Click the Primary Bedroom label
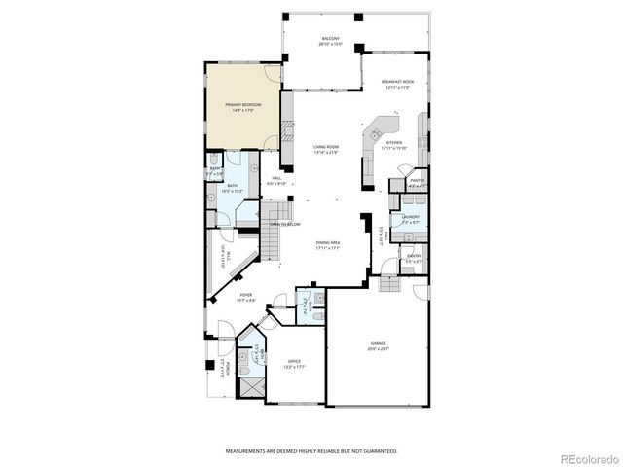[242, 104]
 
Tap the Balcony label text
[331, 40]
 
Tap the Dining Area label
[327, 243]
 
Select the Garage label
[378, 342]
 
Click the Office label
[294, 362]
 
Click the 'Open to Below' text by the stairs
[285, 224]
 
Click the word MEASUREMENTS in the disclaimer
[246, 451]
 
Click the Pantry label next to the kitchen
[417, 180]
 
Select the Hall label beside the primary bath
[276, 178]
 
